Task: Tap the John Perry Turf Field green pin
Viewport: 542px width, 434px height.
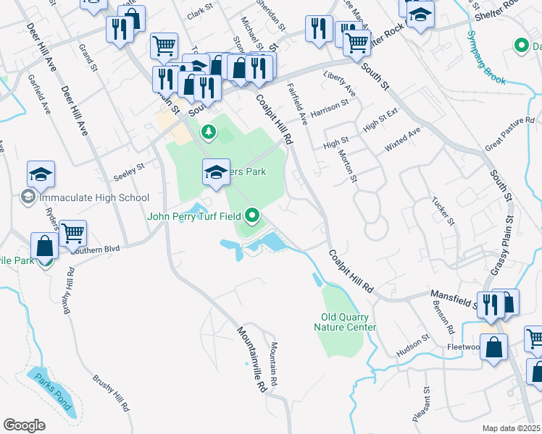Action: click(x=252, y=215)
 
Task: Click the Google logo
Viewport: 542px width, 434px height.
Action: click(x=24, y=425)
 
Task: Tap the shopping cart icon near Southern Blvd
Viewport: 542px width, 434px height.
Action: click(x=72, y=233)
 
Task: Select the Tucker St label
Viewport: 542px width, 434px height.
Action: click(x=441, y=210)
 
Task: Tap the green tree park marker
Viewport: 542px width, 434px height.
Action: click(x=209, y=132)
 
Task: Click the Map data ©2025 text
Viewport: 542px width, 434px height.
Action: click(x=511, y=428)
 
